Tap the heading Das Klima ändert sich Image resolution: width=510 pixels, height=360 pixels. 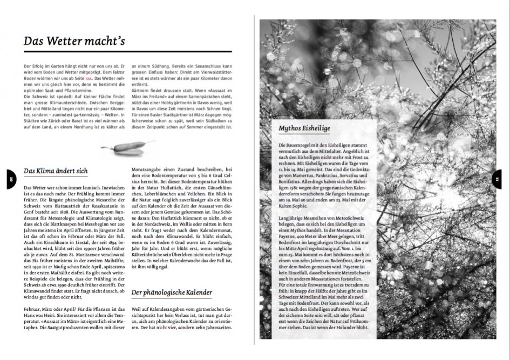(x=56, y=171)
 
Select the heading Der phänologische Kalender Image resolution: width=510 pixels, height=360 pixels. (x=172, y=293)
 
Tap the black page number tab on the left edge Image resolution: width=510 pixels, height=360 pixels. (x=11, y=179)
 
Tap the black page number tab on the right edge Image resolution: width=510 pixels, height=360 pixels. (x=497, y=179)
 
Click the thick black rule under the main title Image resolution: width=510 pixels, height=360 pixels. (x=127, y=52)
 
